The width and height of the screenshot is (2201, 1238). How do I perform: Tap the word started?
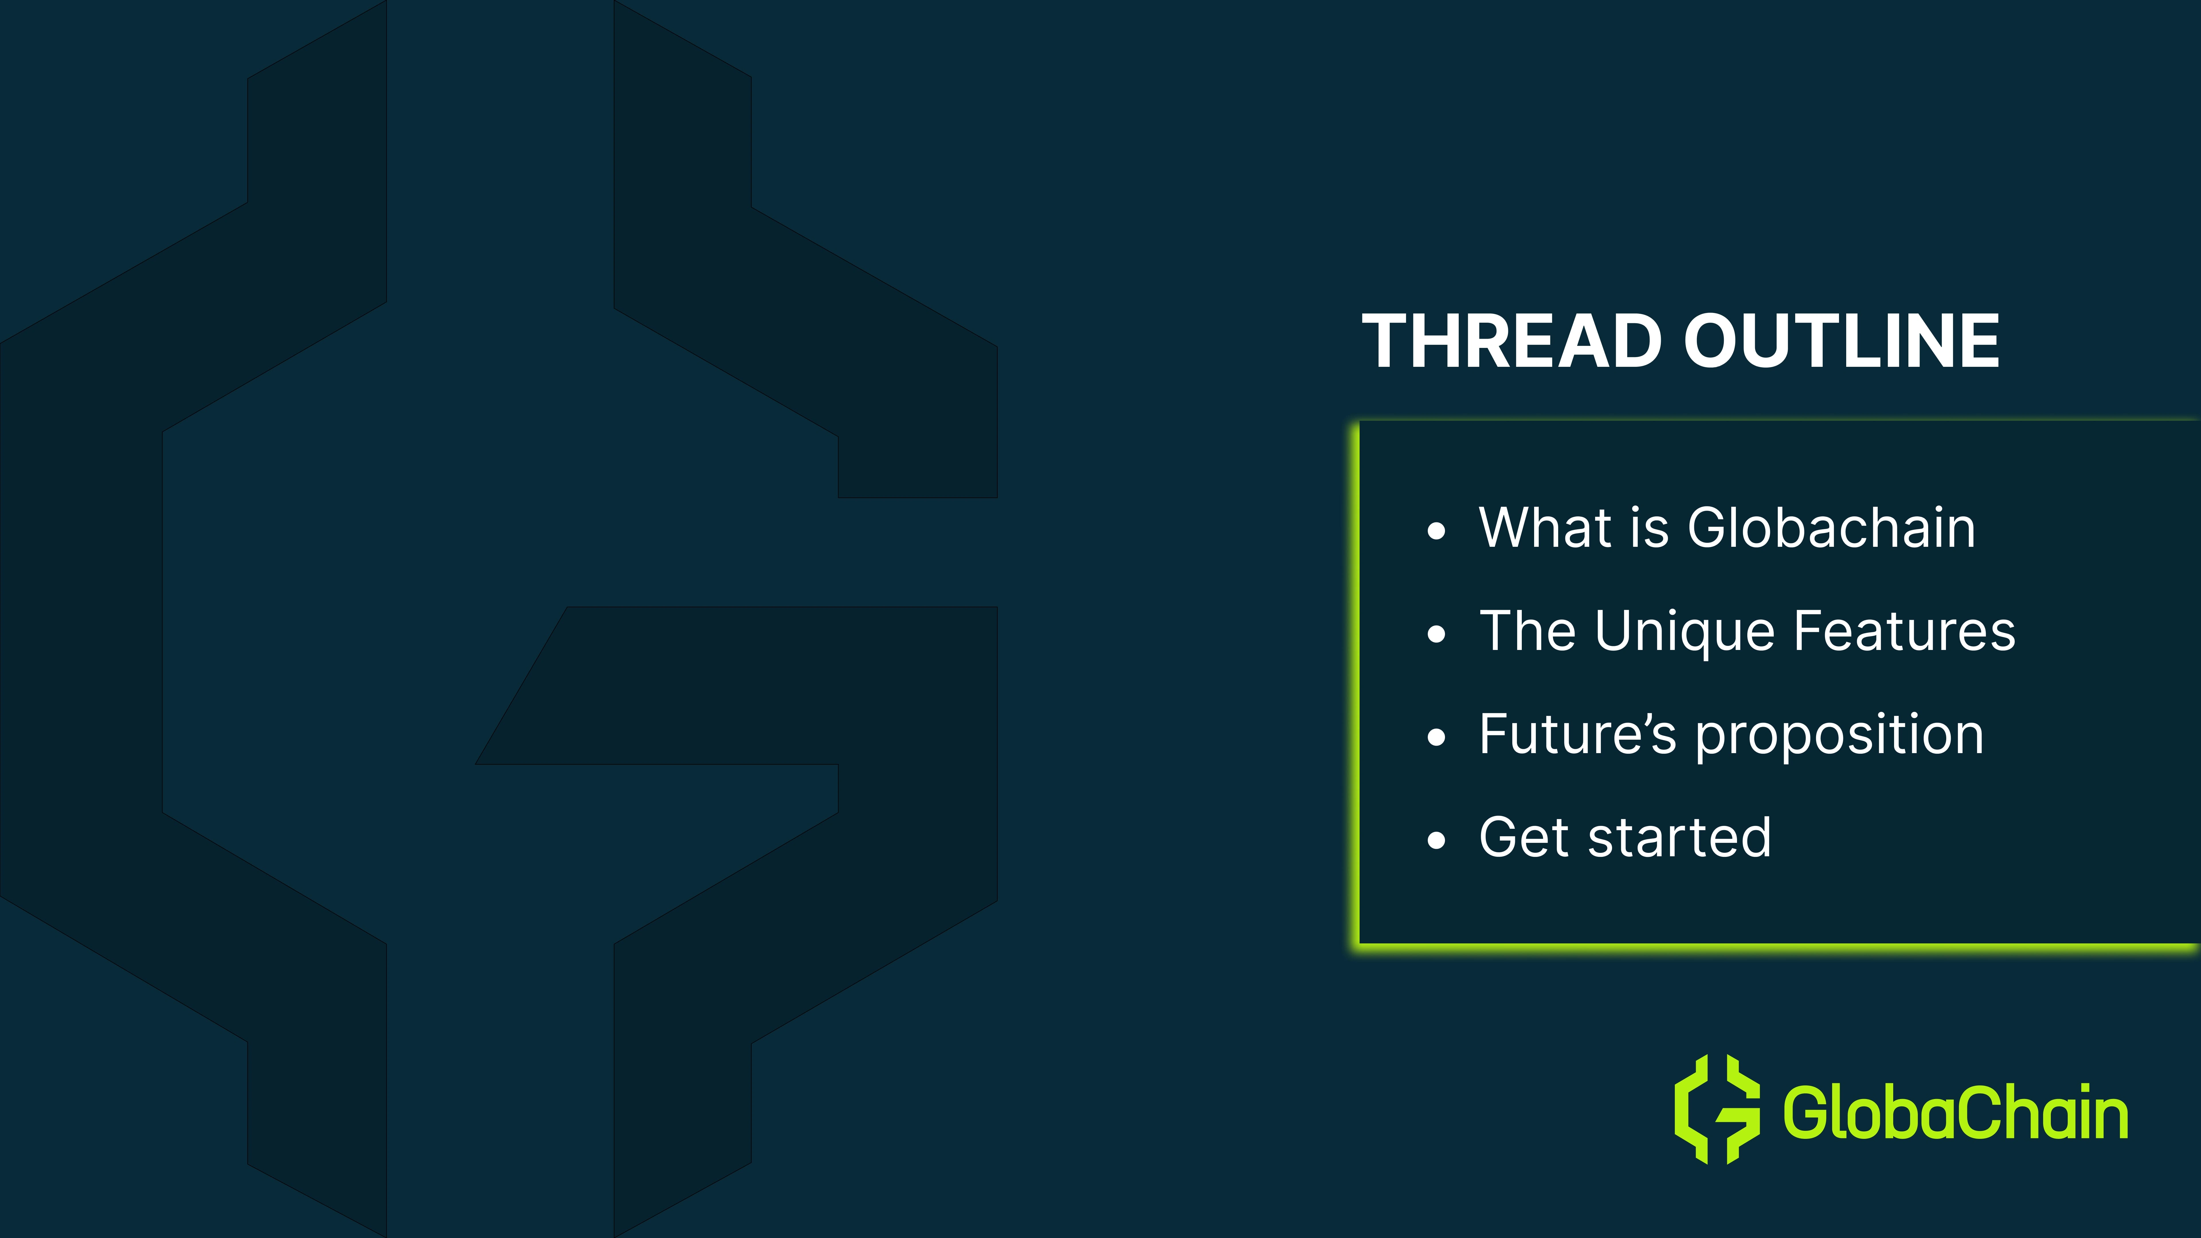[1680, 837]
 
